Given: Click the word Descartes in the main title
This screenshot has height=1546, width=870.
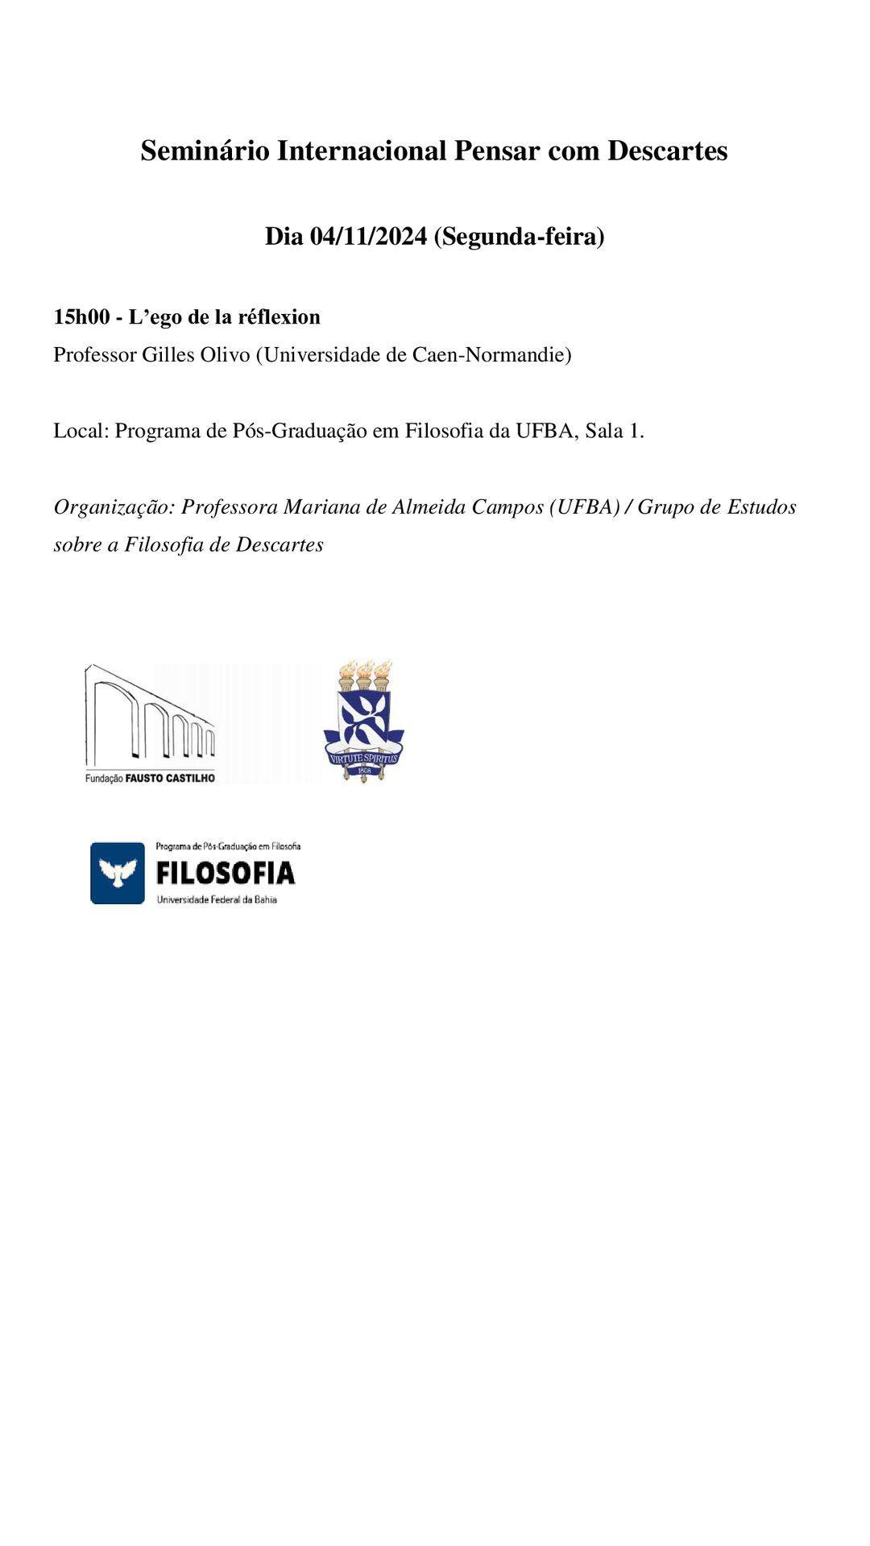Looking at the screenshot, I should coord(667,151).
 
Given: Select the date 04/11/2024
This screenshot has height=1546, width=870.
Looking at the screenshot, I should coord(368,237).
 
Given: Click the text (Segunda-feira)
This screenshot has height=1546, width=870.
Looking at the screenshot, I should coord(519,237).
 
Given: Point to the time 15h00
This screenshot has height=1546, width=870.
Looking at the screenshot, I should coord(81,317).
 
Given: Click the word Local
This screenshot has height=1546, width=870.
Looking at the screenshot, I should coord(80,431).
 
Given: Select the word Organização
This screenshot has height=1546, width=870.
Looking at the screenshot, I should coord(114,507).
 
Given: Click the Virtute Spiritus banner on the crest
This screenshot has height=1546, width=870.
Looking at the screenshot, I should coord(363,757).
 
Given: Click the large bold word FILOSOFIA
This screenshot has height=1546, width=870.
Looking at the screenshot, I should coord(226,873).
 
